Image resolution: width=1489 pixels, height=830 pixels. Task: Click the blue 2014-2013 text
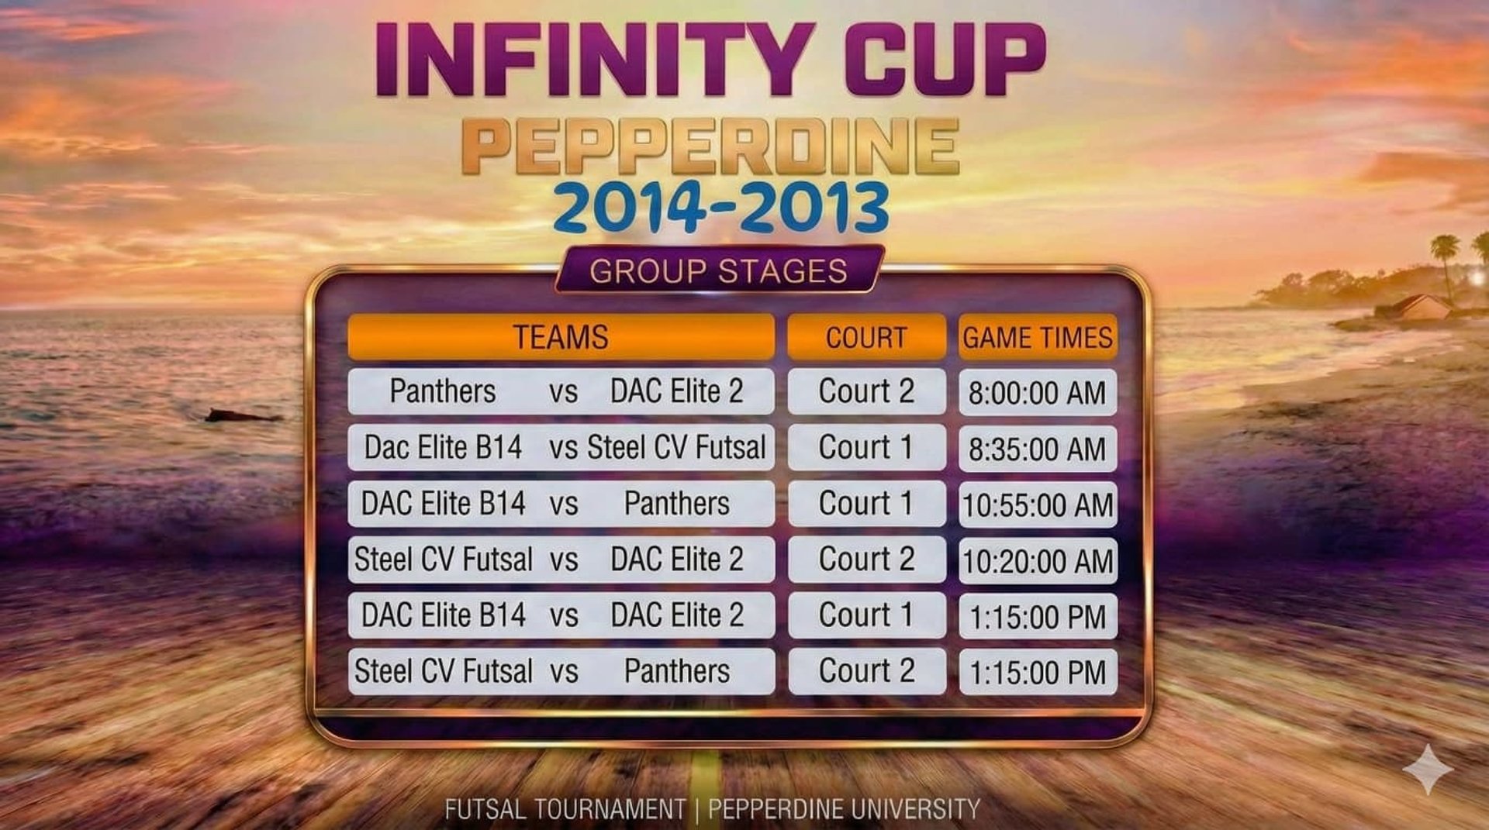[x=721, y=207]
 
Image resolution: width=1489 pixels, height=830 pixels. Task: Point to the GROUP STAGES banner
[x=719, y=270]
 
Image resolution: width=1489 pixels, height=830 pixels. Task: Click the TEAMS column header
[x=561, y=337]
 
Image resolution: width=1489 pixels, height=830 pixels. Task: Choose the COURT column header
[x=866, y=337]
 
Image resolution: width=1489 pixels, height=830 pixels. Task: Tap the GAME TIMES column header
[x=1038, y=337]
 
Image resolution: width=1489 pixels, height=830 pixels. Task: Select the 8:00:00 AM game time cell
[x=1038, y=392]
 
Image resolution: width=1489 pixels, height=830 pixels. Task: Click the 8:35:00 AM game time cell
[x=1038, y=449]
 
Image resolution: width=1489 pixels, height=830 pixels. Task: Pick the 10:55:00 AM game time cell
[x=1038, y=505]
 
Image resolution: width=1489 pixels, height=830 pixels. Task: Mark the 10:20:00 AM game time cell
[x=1038, y=560]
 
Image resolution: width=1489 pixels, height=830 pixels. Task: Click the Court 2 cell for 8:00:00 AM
[x=866, y=391]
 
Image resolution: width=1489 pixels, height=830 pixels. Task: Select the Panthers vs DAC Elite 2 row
[x=561, y=391]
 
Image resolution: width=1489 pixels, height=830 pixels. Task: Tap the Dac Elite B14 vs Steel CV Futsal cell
[x=561, y=447]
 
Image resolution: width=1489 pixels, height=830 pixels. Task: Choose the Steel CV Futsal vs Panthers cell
[x=561, y=671]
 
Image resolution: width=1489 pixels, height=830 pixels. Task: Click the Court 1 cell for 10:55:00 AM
[x=866, y=504]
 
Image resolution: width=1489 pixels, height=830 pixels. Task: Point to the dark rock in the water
[x=240, y=416]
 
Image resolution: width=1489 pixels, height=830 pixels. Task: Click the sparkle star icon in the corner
[x=1428, y=770]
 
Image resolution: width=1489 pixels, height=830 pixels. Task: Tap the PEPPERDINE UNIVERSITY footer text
[x=844, y=809]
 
